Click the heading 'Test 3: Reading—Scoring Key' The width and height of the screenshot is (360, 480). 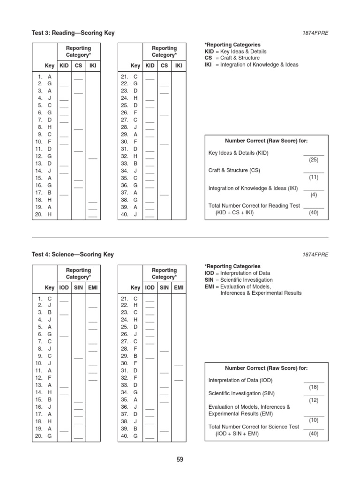73,33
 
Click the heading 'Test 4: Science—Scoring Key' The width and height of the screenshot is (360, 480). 73,255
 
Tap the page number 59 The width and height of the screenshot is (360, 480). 180,459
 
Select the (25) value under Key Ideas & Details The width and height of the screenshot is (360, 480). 314,160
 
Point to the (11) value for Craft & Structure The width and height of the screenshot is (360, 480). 314,177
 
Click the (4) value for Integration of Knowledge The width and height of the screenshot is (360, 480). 314,195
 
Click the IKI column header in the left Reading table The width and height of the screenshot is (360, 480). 93,66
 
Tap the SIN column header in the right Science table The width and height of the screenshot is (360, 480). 164,287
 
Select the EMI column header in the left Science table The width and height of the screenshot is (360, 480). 93,287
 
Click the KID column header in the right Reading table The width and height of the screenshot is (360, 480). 150,66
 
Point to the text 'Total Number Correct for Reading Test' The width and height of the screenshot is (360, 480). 254,206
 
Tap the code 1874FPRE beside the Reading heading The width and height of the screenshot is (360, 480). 315,34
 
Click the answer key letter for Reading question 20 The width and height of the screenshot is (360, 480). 50,215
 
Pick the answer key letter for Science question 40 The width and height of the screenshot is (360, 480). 135,436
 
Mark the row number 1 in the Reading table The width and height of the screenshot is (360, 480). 40,76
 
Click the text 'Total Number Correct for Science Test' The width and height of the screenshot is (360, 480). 254,427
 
